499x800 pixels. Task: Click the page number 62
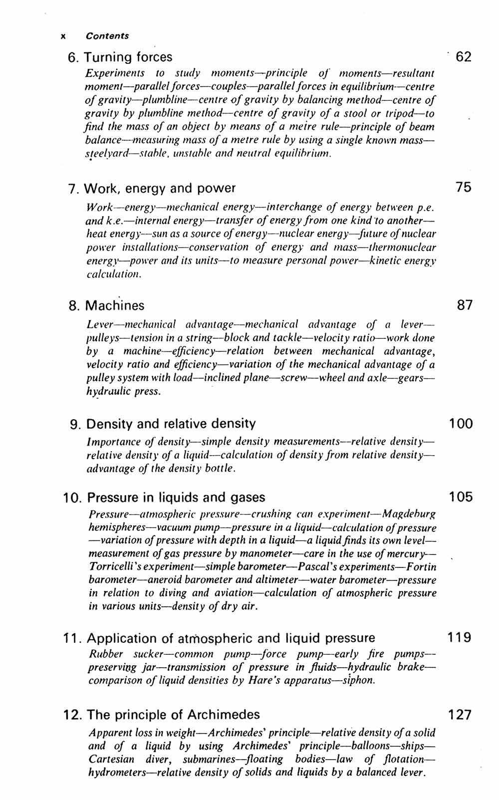pos(463,57)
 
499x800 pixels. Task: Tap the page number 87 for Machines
pos(464,305)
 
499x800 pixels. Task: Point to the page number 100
pos(460,424)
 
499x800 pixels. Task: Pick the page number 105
pos(460,497)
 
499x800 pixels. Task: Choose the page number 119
pos(460,637)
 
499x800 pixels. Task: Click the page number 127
pos(460,715)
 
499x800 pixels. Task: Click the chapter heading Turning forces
pos(128,57)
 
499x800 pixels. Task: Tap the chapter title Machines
pos(115,305)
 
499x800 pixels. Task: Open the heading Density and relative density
pos(171,424)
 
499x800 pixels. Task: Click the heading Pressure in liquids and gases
pos(176,498)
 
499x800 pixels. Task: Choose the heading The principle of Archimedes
pos(173,715)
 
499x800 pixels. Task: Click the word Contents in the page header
pos(107,36)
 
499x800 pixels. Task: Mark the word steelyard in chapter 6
pos(106,153)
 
